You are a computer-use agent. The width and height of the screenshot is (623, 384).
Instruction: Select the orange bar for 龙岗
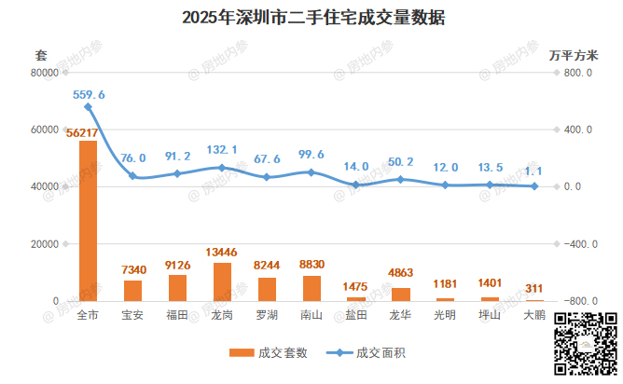(x=222, y=281)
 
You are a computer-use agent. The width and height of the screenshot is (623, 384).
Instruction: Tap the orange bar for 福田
(x=177, y=288)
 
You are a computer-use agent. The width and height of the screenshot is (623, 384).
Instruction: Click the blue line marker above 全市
(x=89, y=106)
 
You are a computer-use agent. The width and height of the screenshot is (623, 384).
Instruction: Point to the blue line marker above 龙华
(x=401, y=179)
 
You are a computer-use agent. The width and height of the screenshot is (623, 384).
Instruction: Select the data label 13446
(x=222, y=253)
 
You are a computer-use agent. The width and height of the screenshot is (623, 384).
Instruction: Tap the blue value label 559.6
(x=89, y=94)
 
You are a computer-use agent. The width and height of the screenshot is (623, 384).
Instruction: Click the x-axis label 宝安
(x=132, y=315)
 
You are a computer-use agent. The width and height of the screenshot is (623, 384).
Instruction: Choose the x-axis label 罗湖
(x=267, y=315)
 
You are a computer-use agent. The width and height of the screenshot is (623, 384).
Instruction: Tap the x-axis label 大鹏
(x=534, y=315)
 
